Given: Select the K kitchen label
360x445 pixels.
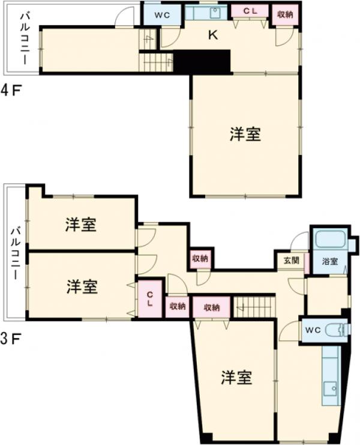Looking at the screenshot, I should pos(212,35).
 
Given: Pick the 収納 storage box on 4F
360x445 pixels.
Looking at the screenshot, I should pos(285,14).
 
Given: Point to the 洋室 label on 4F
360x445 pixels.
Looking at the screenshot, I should pos(245,135).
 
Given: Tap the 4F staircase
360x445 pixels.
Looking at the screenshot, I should pos(157,61).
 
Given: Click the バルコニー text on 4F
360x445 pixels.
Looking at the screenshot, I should pos(24,38).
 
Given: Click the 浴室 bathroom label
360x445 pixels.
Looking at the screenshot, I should pos(329,262).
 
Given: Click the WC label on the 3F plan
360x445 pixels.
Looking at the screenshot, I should pos(314,330).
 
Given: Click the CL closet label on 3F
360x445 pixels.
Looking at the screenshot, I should pos(150,298).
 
